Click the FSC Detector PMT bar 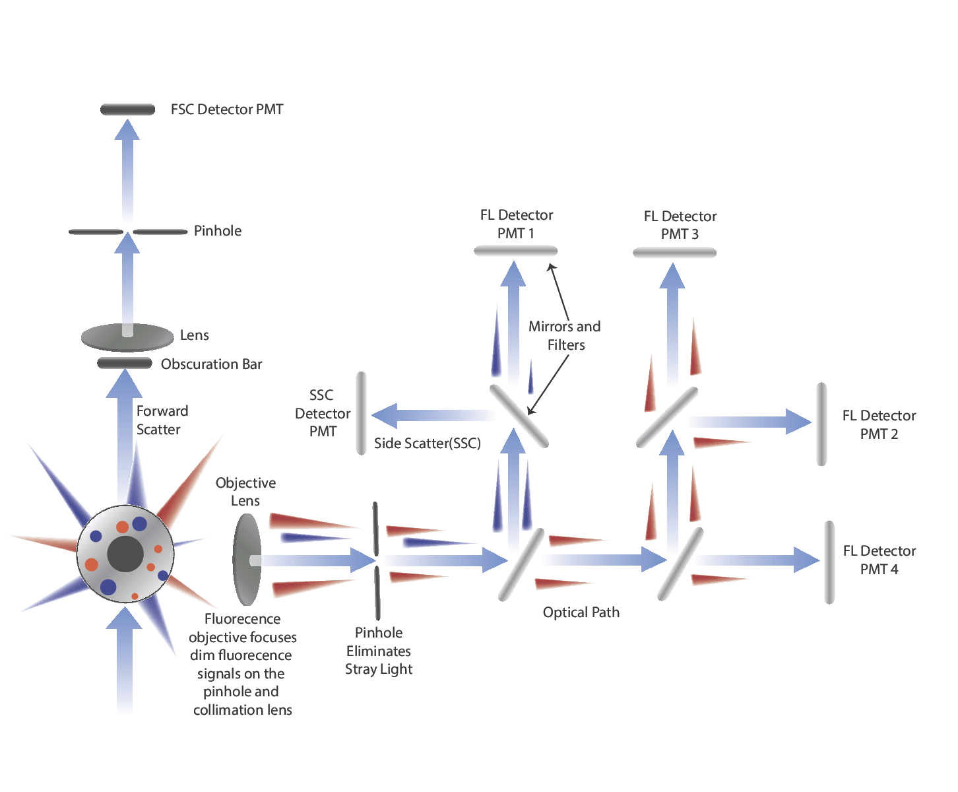[x=127, y=110]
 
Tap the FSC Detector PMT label [x=227, y=110]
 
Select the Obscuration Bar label [x=211, y=364]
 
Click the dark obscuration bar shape [x=125, y=363]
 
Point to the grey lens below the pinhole [x=127, y=337]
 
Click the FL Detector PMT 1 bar [x=516, y=251]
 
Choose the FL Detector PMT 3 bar [x=674, y=252]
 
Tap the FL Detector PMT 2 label [x=879, y=424]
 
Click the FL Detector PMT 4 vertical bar [x=829, y=562]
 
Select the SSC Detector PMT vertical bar [x=361, y=413]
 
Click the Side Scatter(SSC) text [x=427, y=444]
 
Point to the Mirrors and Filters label [x=565, y=335]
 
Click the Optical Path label [x=581, y=612]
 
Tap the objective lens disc [x=247, y=560]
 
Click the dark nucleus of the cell [x=125, y=554]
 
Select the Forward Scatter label [x=162, y=420]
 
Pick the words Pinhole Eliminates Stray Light [x=379, y=651]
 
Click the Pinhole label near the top [x=218, y=231]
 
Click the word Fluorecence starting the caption [x=242, y=619]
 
